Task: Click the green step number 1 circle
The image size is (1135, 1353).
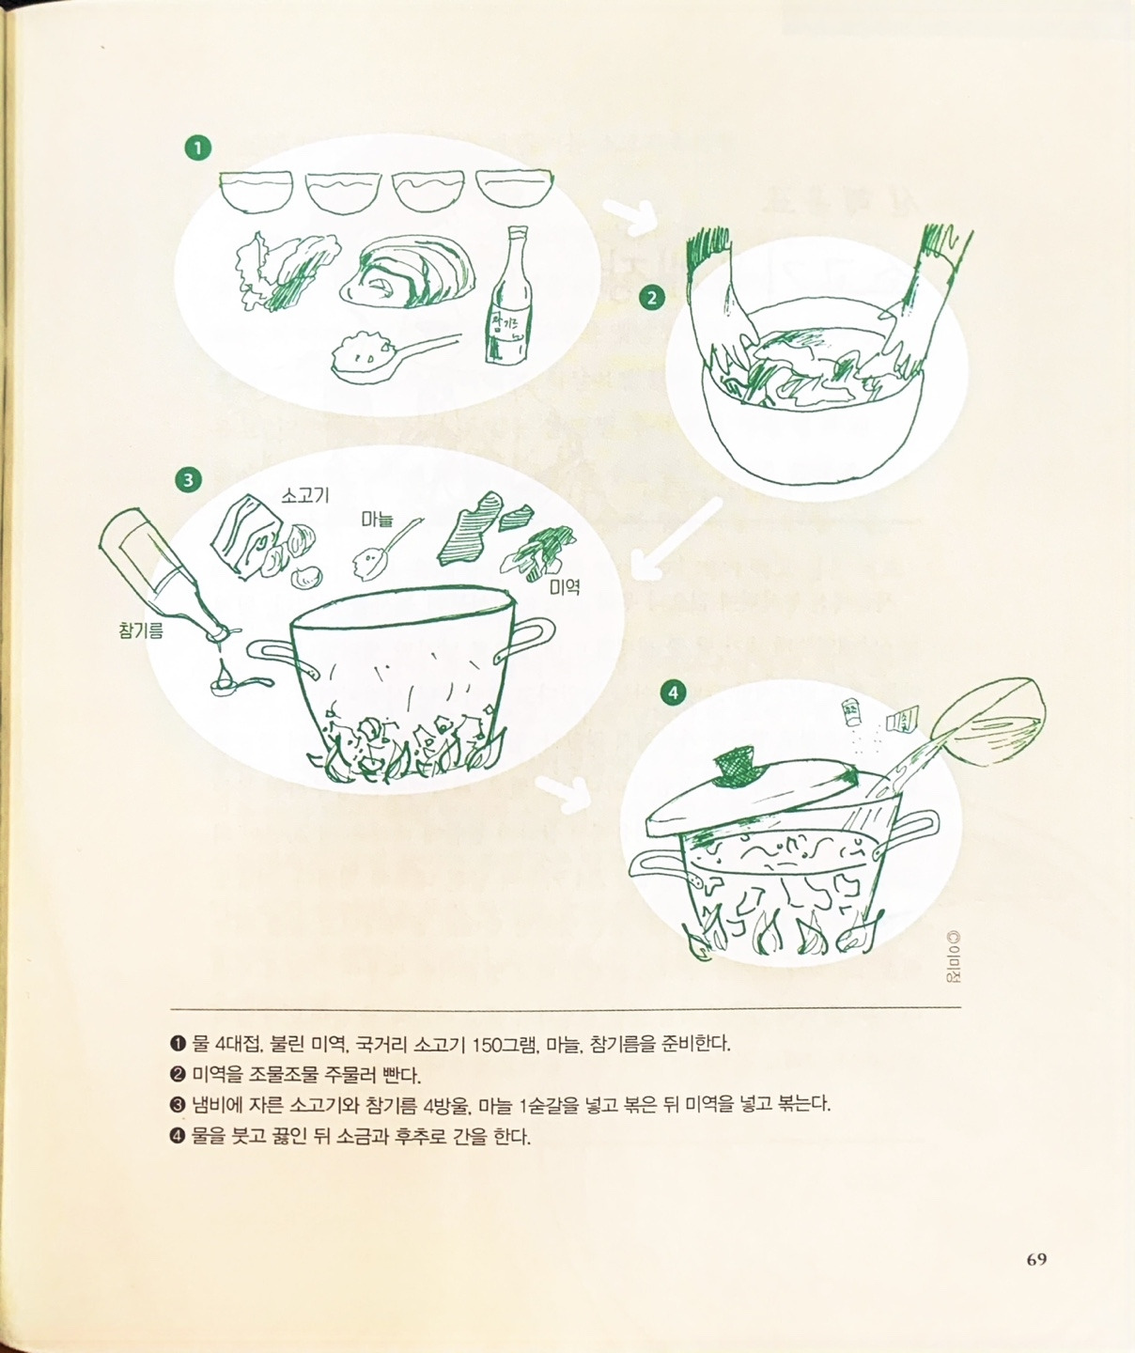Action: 197,148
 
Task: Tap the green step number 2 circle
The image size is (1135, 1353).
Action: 651,298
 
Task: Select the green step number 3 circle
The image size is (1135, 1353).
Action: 188,480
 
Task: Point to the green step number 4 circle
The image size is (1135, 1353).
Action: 673,693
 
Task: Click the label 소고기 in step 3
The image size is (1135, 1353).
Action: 305,495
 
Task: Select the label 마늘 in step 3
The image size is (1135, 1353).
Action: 379,519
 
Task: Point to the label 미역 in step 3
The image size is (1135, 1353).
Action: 565,587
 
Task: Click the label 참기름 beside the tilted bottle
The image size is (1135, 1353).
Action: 141,630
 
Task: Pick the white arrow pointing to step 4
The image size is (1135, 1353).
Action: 564,794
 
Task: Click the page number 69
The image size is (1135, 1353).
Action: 1036,1260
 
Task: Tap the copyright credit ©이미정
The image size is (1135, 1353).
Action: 955,957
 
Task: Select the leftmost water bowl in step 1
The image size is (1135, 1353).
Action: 256,192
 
